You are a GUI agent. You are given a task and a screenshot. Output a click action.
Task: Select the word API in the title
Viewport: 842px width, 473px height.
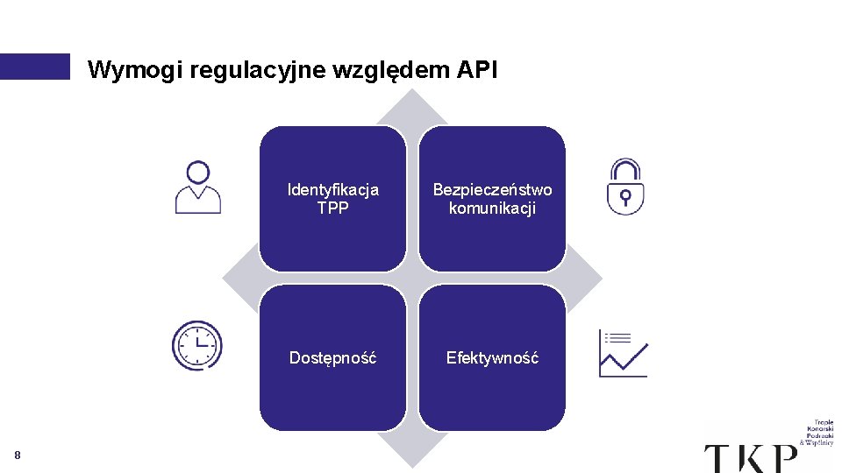coord(477,70)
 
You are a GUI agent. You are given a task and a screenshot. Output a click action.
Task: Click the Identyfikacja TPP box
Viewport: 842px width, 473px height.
coord(333,199)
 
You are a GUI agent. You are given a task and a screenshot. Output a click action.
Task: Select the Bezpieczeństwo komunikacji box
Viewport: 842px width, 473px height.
coord(492,199)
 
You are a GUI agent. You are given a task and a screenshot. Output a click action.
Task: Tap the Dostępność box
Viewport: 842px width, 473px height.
coord(333,357)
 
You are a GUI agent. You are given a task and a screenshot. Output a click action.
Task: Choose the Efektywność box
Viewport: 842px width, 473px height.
coord(492,357)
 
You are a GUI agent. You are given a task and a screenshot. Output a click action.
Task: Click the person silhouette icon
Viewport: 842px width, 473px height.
coord(198,187)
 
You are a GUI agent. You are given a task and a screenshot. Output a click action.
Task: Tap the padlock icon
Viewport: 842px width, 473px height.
coord(625,187)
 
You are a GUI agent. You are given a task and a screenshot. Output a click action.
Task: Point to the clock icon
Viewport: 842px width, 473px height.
coord(197,345)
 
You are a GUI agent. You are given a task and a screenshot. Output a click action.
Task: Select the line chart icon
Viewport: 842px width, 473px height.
coord(623,353)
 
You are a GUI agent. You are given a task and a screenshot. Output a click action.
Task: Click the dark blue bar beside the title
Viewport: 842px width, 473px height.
coord(34,67)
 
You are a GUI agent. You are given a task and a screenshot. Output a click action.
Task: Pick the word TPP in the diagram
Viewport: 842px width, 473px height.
coord(333,208)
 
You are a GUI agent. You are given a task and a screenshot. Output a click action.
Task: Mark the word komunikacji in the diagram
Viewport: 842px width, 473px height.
coord(492,208)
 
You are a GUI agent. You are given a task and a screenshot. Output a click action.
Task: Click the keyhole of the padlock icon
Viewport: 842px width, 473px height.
coord(625,195)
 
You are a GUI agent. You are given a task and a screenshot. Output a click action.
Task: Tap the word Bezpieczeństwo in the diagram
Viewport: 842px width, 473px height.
coord(492,189)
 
